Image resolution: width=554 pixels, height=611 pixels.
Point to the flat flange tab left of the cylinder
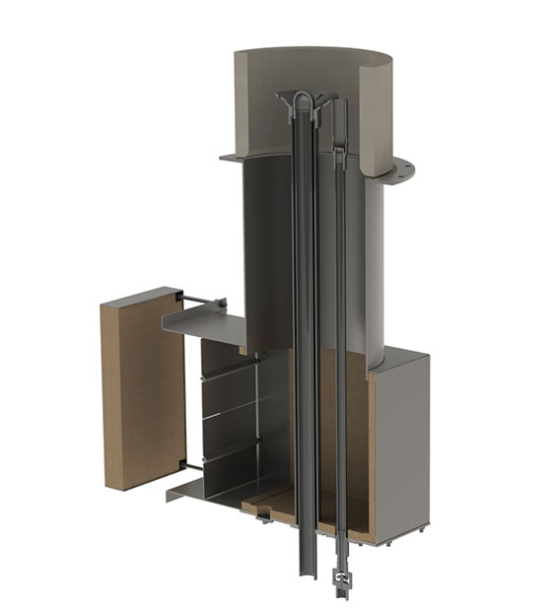point(233,157)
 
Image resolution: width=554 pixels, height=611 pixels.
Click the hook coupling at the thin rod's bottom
point(342,577)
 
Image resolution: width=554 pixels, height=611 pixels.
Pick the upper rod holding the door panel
point(202,300)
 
